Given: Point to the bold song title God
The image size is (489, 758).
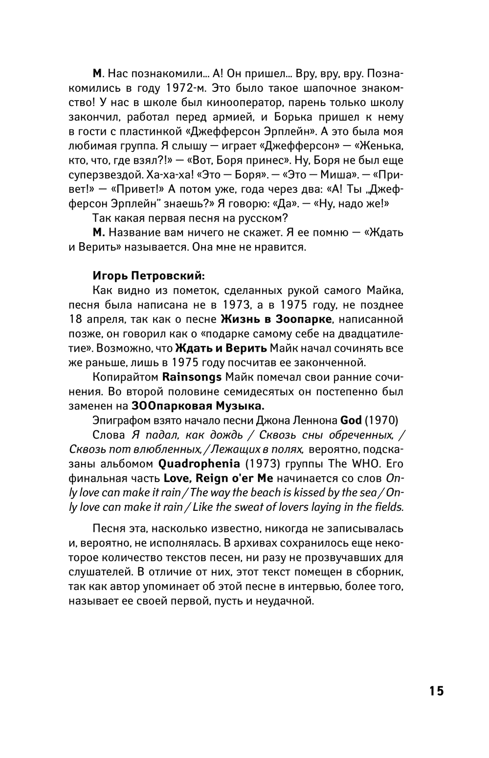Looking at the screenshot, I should [351, 420].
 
